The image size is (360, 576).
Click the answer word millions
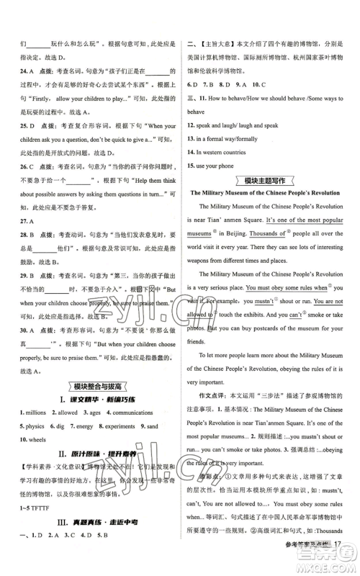[x=38, y=433]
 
